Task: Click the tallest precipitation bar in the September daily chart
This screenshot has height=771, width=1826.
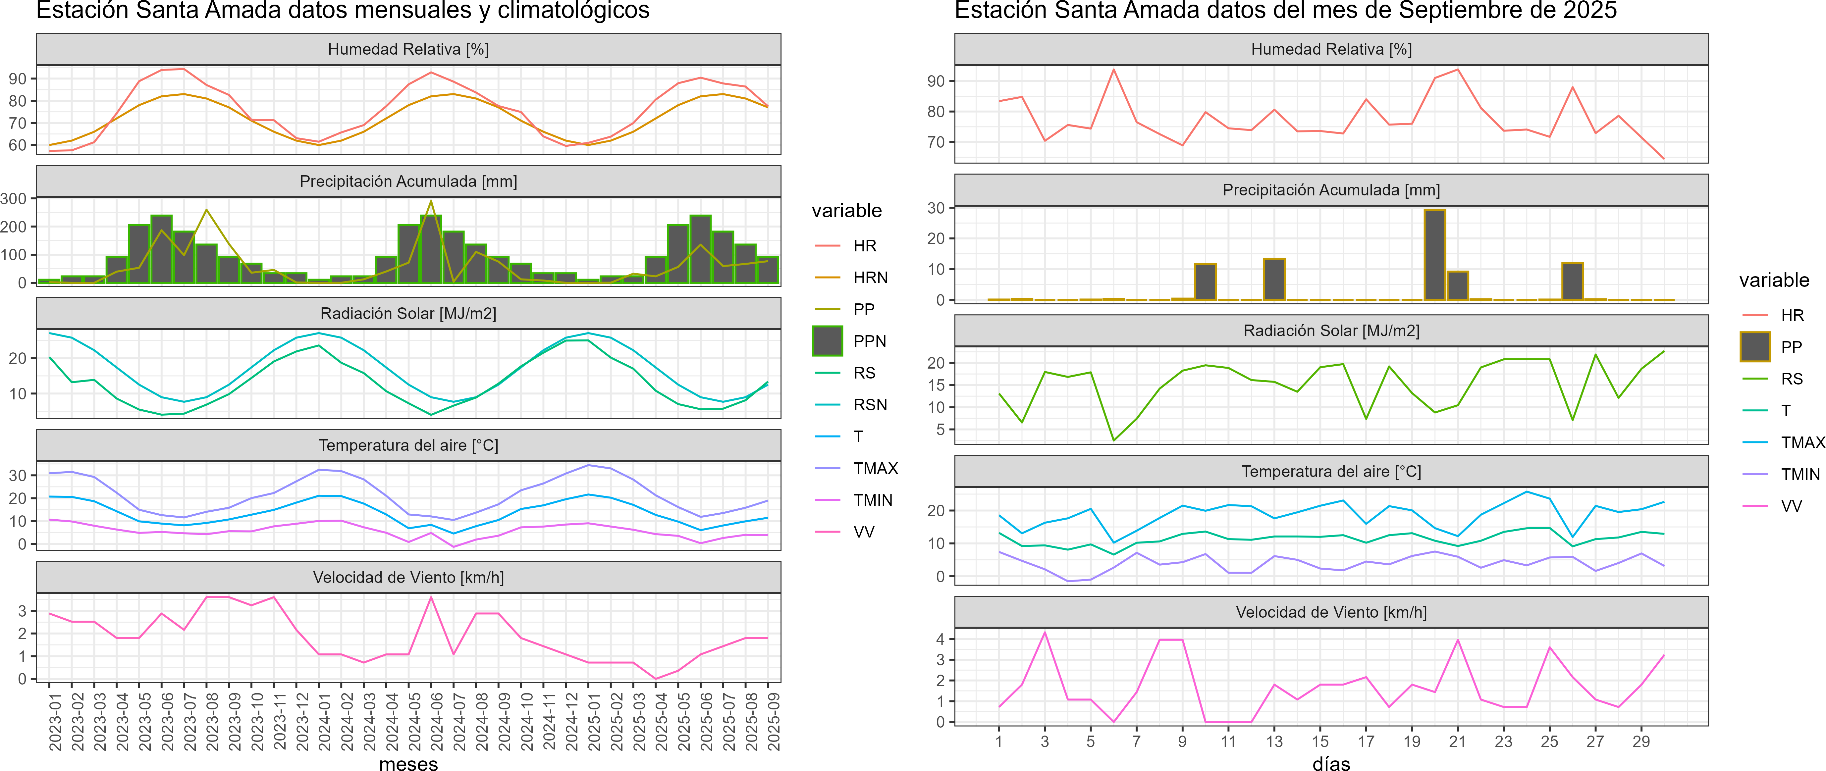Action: click(1435, 255)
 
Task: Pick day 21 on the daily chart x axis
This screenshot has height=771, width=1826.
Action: click(1457, 741)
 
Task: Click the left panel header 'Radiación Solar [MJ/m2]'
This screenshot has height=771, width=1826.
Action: click(408, 313)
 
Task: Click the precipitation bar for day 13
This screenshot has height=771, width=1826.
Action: click(1274, 279)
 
